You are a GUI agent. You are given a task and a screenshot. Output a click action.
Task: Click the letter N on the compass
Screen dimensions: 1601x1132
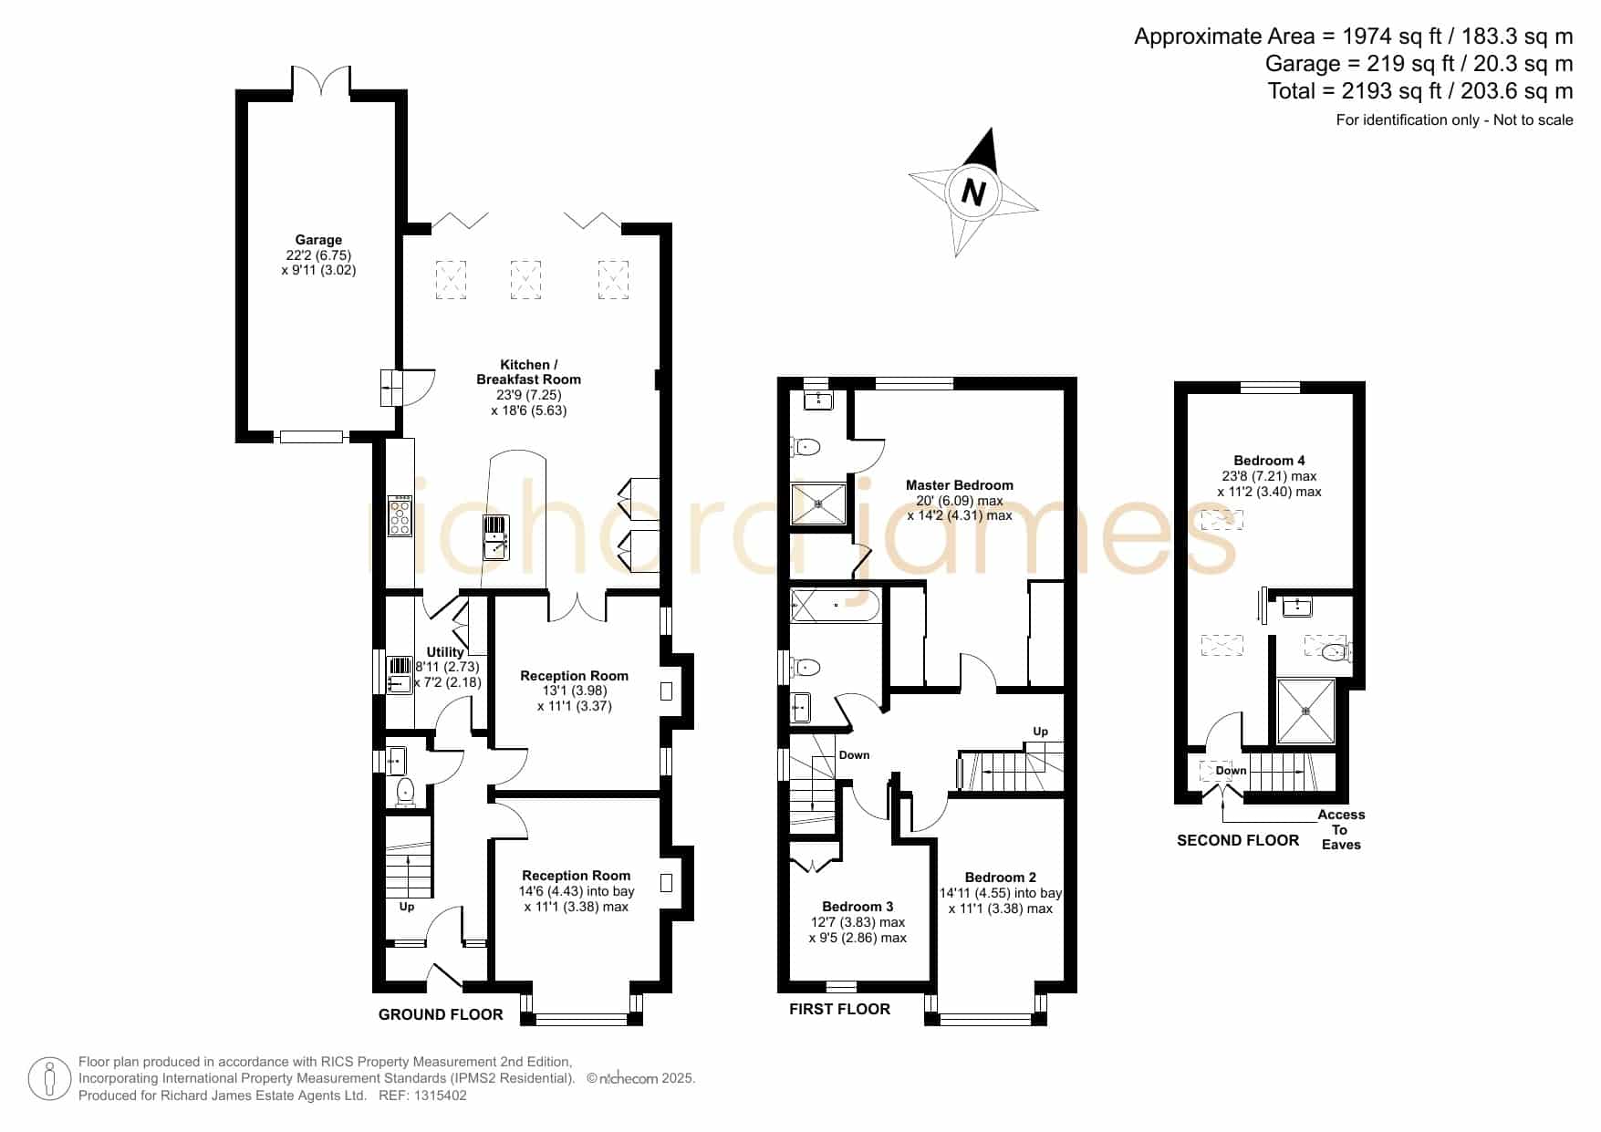[974, 193]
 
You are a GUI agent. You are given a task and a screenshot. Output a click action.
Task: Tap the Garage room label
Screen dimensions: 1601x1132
[318, 240]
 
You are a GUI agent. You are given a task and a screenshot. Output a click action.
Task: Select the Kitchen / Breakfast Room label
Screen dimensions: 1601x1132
[528, 372]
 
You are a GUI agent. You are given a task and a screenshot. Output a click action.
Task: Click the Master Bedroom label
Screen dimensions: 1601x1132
[960, 485]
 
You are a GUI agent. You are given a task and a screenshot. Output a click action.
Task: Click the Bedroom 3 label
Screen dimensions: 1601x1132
[858, 907]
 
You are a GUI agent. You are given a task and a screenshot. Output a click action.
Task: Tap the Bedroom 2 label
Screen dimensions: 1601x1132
[1001, 878]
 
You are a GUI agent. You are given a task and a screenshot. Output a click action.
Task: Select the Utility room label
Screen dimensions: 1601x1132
[445, 652]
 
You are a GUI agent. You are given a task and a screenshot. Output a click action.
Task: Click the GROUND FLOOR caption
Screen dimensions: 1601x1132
[441, 1014]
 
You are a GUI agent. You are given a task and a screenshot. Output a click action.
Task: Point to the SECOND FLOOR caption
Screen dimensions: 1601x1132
[1238, 840]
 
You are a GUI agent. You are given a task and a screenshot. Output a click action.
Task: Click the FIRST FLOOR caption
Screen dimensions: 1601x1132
[839, 1009]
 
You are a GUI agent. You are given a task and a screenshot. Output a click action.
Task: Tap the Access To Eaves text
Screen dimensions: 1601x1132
[1341, 829]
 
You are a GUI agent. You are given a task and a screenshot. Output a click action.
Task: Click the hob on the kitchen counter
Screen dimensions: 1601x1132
[400, 516]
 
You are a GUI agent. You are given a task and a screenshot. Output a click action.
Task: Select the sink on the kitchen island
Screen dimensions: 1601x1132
[496, 537]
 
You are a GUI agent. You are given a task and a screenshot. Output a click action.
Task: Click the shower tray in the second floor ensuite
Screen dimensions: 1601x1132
[1305, 711]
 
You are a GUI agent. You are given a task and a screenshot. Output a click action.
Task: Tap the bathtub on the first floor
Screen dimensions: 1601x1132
[835, 606]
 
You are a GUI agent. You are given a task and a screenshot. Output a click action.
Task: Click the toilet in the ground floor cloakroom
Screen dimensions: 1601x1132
[406, 791]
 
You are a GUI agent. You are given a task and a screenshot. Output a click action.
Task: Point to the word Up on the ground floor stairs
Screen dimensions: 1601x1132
[407, 907]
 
